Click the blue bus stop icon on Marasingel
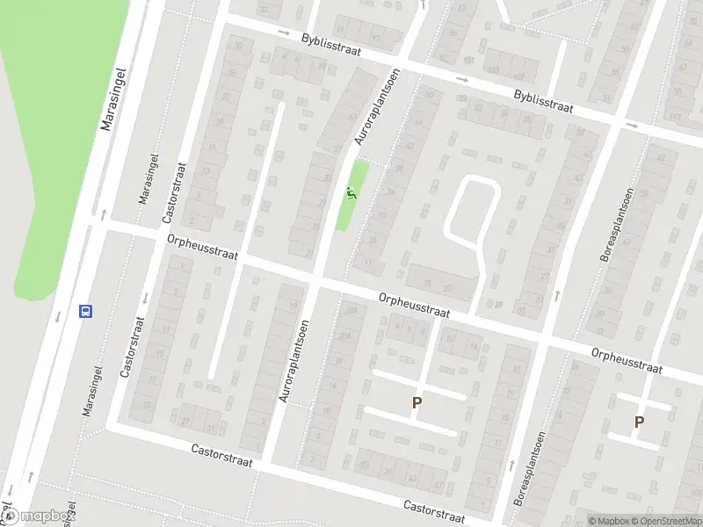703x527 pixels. [86, 310]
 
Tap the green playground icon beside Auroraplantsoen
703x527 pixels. [351, 194]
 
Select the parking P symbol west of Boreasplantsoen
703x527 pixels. [417, 403]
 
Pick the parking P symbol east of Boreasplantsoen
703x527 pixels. [639, 422]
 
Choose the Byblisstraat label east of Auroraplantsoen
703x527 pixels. [544, 104]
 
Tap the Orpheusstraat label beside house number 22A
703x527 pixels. [414, 305]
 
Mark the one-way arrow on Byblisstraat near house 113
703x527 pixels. [632, 125]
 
